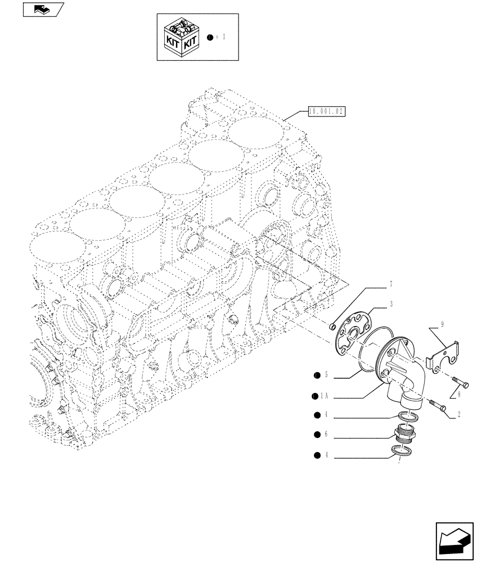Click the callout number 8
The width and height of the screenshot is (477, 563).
[x=460, y=395]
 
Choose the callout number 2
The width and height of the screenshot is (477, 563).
[x=460, y=415]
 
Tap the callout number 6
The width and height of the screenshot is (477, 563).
[x=325, y=434]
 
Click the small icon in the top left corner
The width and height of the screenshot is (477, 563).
[x=43, y=9]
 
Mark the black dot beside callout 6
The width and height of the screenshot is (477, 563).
[x=317, y=434]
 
